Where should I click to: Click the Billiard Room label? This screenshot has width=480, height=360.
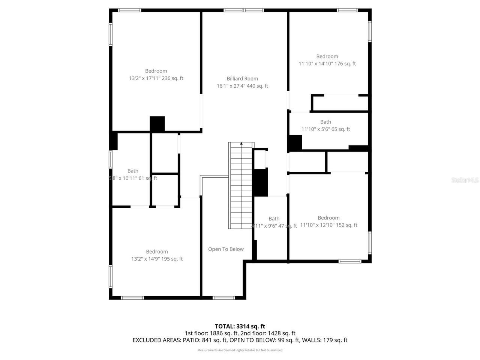242,79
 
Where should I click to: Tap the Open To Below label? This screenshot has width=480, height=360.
226,249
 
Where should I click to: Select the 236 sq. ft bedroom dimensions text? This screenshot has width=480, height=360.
156,78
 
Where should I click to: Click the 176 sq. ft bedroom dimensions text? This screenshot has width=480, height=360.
327,64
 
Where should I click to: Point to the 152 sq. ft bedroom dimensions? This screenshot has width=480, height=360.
328,225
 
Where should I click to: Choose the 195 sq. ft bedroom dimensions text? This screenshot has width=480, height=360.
157,259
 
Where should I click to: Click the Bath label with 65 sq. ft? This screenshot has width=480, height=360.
325,122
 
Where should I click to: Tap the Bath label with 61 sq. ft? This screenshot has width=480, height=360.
133,171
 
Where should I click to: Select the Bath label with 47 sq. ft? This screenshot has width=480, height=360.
274,219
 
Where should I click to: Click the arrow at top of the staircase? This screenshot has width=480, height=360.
241,143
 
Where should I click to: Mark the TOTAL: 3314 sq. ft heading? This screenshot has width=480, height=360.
240,326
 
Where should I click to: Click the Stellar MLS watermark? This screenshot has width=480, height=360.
465,180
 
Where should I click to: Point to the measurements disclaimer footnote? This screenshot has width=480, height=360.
240,350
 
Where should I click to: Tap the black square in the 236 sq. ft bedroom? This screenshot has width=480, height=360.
157,124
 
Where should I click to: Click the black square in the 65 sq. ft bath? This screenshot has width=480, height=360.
295,143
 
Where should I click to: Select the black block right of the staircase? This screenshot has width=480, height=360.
261,182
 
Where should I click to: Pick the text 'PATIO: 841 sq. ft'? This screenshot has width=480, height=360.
205,340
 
